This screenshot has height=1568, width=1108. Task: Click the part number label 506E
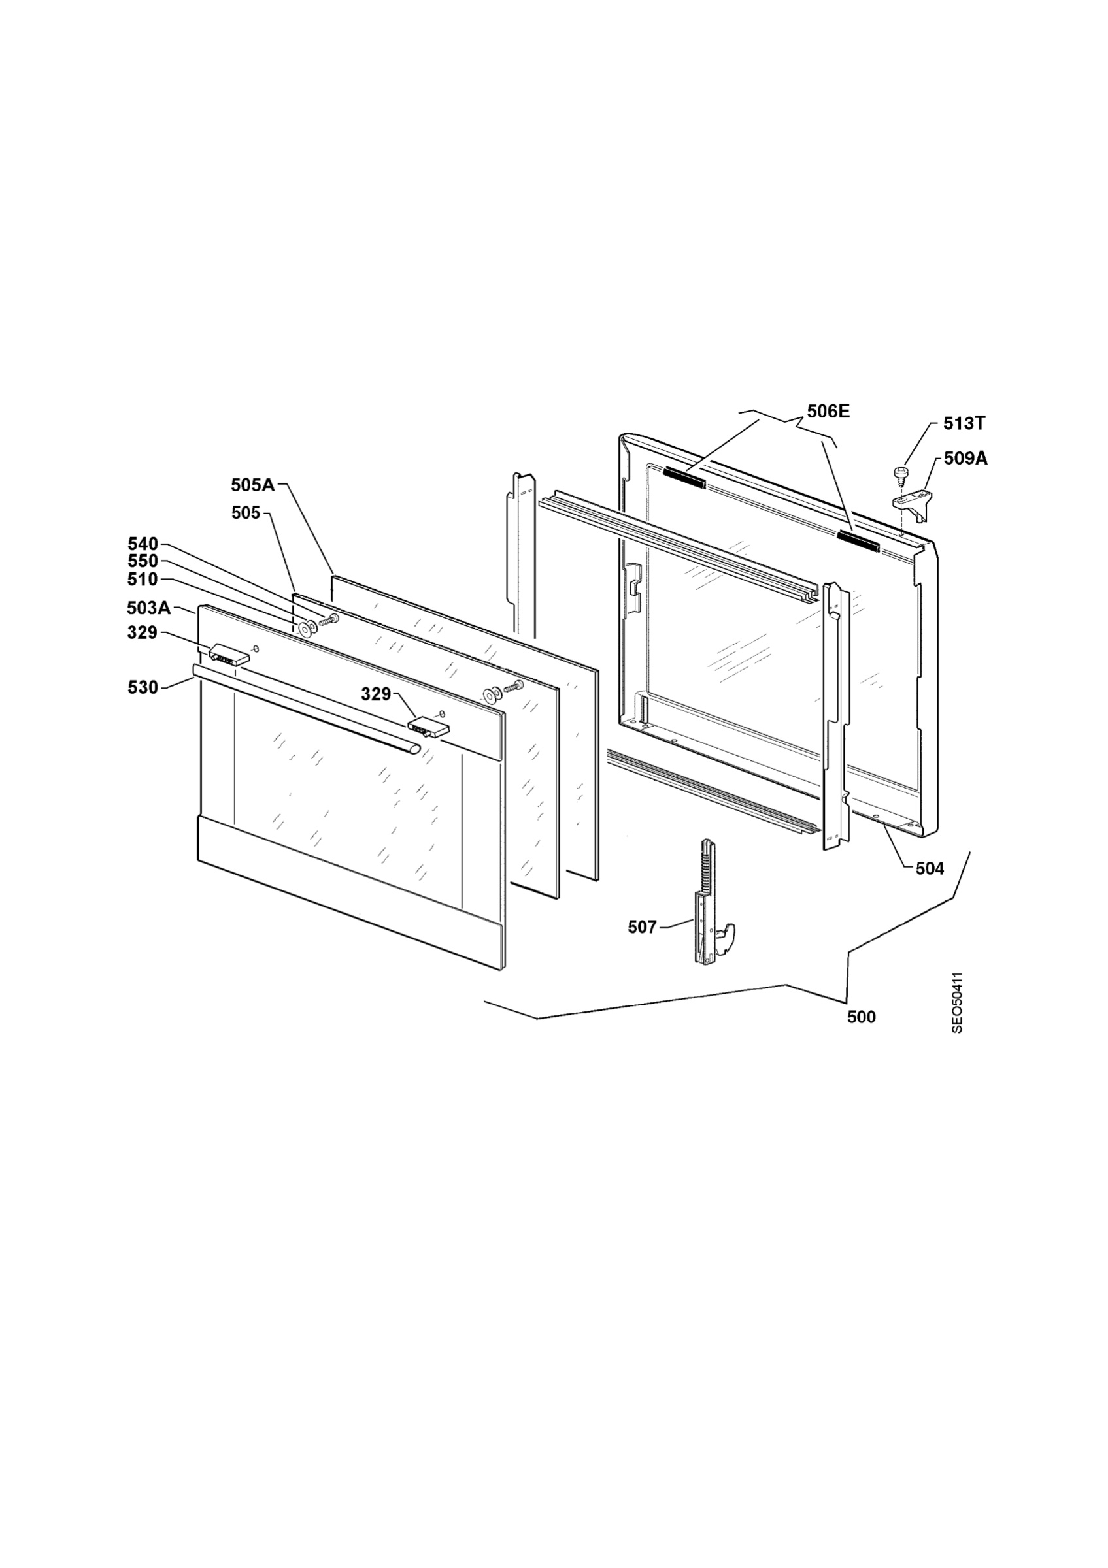pos(828,411)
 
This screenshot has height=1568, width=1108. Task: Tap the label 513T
pos(964,423)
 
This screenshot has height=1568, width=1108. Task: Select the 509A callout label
pos(965,459)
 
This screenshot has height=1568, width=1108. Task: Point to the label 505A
pos(253,485)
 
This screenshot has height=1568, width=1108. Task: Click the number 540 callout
pos(143,544)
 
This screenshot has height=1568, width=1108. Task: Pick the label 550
pos(143,561)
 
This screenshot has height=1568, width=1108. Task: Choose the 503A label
pos(149,607)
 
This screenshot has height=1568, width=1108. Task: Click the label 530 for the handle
pos(143,688)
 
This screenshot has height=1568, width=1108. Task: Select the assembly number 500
pos(861,1017)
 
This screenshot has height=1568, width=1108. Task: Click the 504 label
pos(929,869)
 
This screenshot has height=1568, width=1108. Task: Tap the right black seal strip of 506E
pos(856,540)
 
